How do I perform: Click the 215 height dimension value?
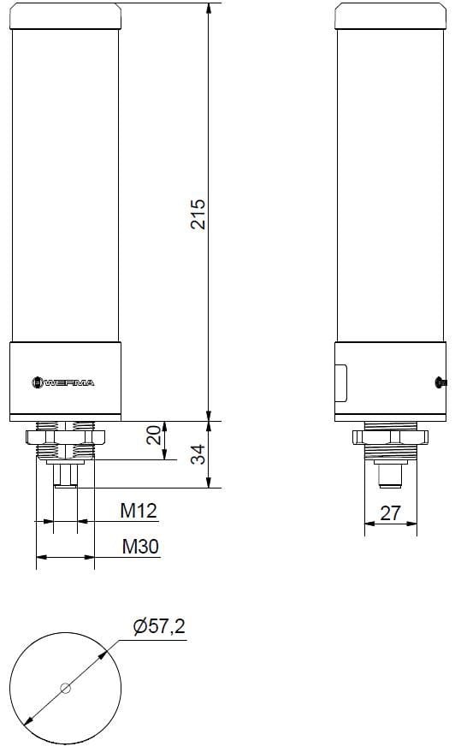click(x=197, y=213)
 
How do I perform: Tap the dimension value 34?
click(x=197, y=454)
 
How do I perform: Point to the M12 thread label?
click(x=138, y=511)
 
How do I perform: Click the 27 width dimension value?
click(x=390, y=512)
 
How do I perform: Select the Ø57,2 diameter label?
click(x=159, y=629)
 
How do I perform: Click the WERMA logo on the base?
click(x=64, y=382)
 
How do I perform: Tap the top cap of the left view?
click(x=65, y=15)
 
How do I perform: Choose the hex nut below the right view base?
click(x=388, y=436)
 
